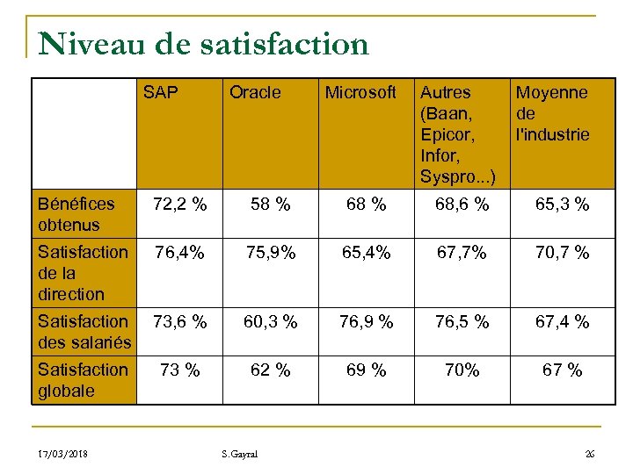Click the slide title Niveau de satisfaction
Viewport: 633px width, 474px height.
[203, 44]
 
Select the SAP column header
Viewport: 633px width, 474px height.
[160, 92]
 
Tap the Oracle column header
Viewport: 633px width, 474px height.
[255, 92]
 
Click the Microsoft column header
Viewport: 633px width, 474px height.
[360, 92]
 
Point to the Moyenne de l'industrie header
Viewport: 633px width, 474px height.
[552, 113]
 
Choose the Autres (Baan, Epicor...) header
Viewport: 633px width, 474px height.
[457, 134]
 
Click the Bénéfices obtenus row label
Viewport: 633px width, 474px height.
[76, 214]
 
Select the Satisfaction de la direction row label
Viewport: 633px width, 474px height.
[83, 273]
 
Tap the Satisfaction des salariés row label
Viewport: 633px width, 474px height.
[84, 332]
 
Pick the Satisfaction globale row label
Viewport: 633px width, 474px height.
[83, 380]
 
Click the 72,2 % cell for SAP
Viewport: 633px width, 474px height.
[179, 205]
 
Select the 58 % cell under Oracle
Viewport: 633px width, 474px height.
[270, 205]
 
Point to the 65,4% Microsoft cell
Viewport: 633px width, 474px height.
[366, 254]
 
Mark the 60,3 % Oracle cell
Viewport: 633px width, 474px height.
[270, 322]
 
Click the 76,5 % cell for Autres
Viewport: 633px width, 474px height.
[462, 322]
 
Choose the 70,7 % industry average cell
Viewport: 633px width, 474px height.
[563, 254]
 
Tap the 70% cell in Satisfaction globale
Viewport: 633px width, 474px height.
[462, 370]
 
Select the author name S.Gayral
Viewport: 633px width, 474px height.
[239, 454]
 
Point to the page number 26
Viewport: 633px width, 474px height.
[589, 454]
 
